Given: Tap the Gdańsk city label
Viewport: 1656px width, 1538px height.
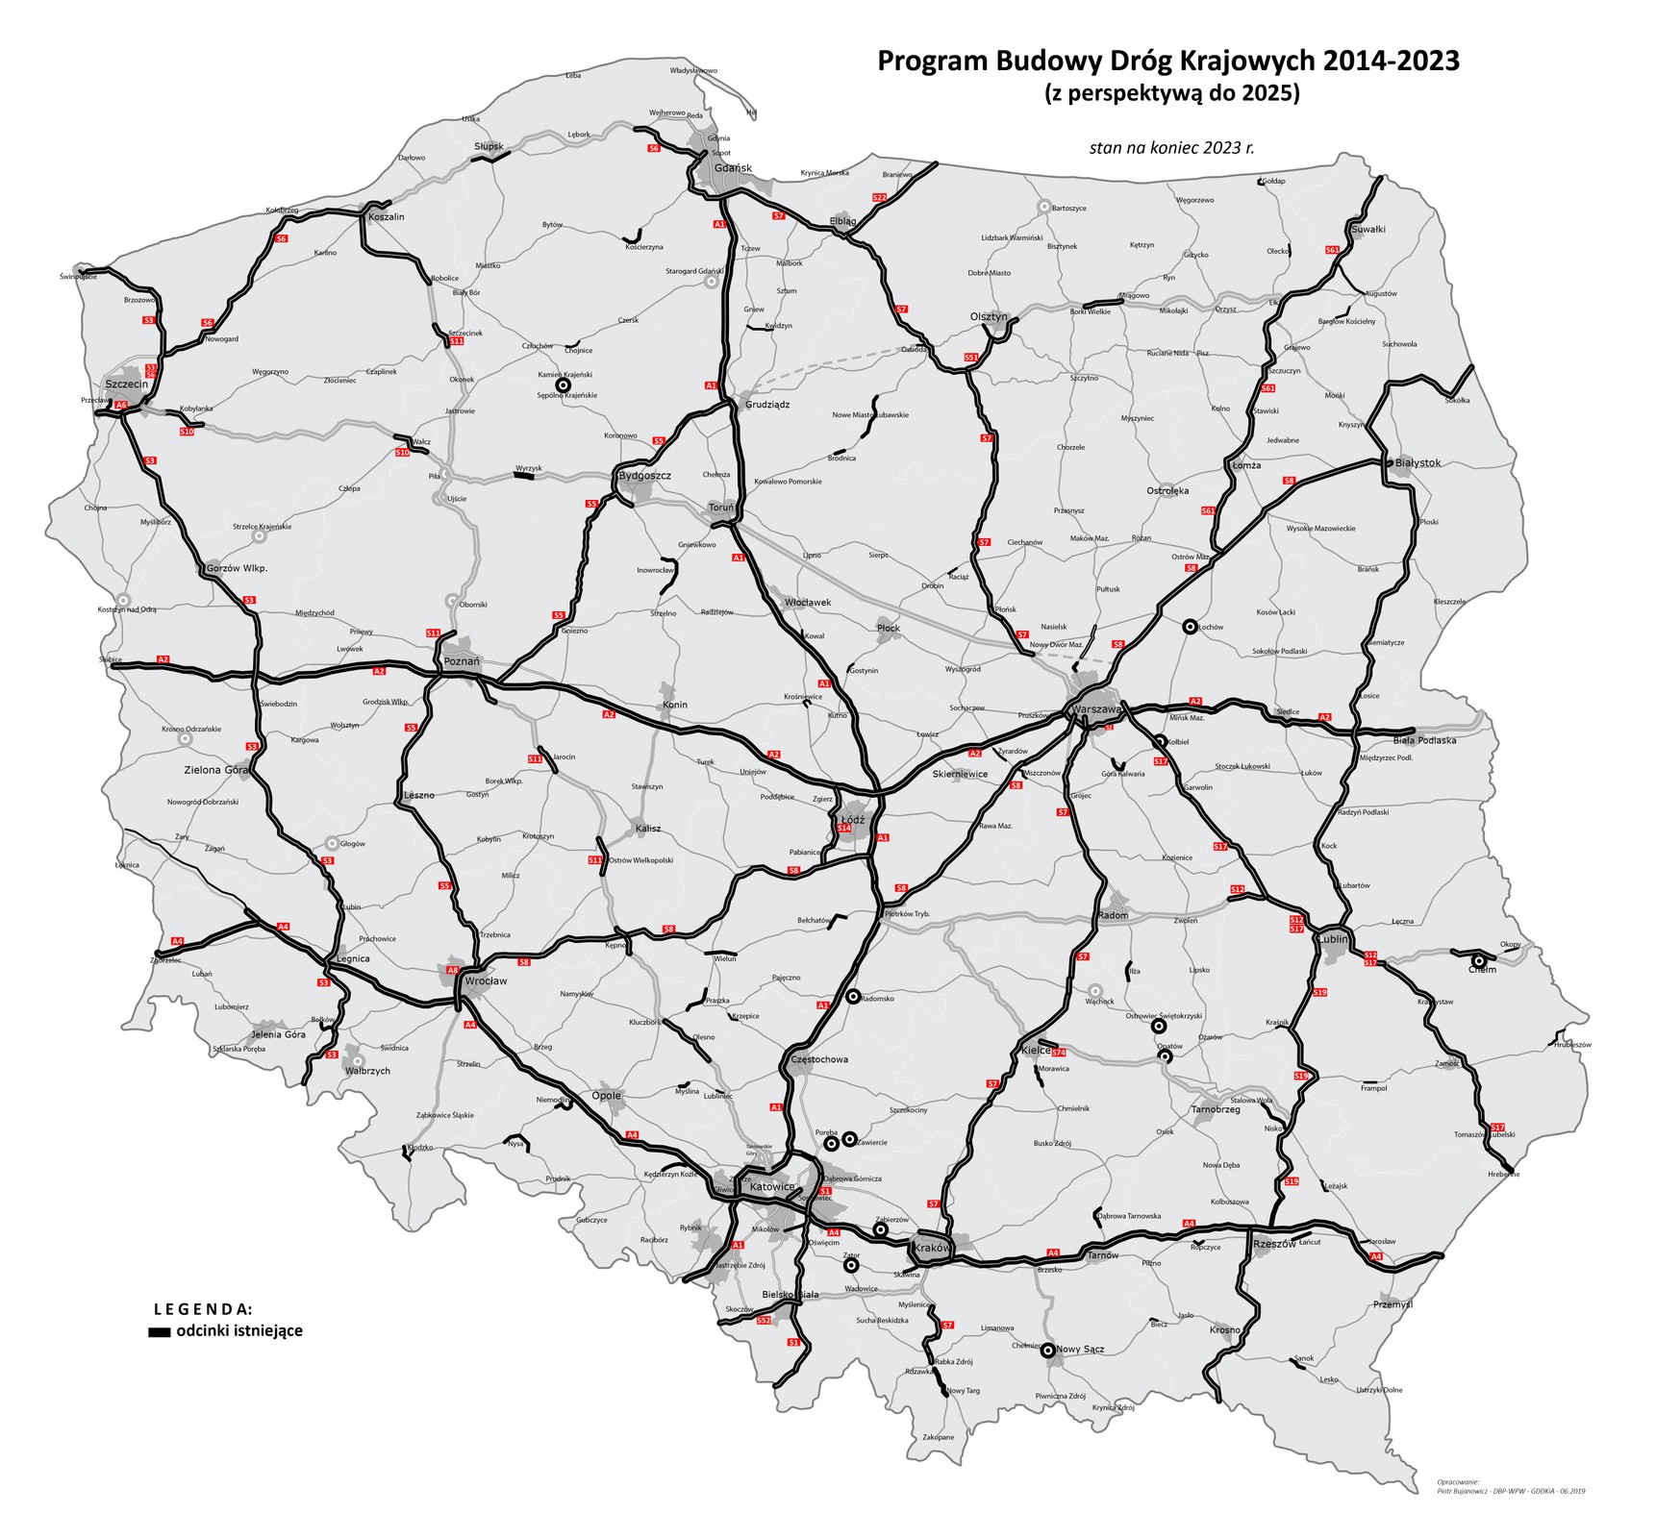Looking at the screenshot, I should [x=732, y=168].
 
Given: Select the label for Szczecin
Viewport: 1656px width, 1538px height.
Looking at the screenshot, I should [x=127, y=384].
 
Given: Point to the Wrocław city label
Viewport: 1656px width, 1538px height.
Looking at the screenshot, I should [x=486, y=981].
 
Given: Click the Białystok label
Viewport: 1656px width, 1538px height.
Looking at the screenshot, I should [x=1418, y=462].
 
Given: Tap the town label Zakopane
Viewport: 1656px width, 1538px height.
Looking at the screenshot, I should [x=938, y=1437].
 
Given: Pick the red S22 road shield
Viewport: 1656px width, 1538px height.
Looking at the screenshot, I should [x=879, y=197].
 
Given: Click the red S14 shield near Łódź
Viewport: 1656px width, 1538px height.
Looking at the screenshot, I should [x=844, y=828].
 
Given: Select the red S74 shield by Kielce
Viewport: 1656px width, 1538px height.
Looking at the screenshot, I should [x=1058, y=1054].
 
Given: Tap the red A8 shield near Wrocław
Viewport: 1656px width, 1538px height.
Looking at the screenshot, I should [x=452, y=971].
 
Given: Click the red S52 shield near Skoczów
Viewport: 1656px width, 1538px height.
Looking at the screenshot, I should [x=764, y=1320].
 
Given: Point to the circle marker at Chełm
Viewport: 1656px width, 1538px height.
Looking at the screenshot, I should [x=1478, y=960].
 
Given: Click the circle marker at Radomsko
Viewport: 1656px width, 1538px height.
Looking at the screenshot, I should [x=852, y=997].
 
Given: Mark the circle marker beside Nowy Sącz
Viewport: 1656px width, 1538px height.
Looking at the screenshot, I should [x=1047, y=1350].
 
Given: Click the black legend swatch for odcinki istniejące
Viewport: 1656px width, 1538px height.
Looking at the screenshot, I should [x=159, y=1332].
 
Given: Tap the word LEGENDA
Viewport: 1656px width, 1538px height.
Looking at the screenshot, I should [x=204, y=1309].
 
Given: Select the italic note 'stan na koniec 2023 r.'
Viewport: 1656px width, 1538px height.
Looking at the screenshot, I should [x=1171, y=148].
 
